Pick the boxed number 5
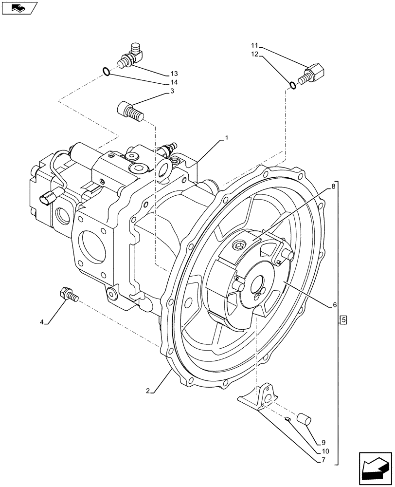click(x=343, y=320)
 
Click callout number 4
click(x=42, y=322)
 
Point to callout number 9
click(x=323, y=443)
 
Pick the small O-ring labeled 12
click(x=292, y=86)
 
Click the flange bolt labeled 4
click(x=69, y=294)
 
